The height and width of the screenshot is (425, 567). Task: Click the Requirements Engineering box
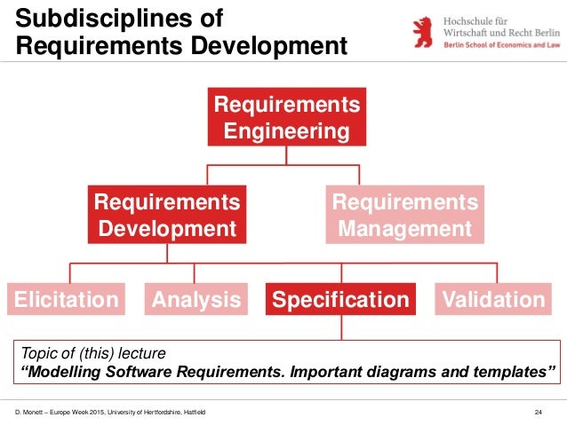pyautogui.click(x=286, y=117)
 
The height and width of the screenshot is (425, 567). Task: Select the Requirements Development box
pyautogui.click(x=167, y=215)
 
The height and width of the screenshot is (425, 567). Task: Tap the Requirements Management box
pyautogui.click(x=404, y=215)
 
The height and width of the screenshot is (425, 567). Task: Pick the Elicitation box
pyautogui.click(x=67, y=300)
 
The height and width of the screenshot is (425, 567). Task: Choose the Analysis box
pyautogui.click(x=196, y=300)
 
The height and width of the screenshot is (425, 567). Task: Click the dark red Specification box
pyautogui.click(x=340, y=300)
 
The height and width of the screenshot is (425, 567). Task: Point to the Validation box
pyautogui.click(x=492, y=300)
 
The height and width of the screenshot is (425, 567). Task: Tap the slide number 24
pyautogui.click(x=538, y=412)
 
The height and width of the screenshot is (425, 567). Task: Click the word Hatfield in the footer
pyautogui.click(x=193, y=412)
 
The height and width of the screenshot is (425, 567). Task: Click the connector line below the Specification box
pyautogui.click(x=340, y=327)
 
